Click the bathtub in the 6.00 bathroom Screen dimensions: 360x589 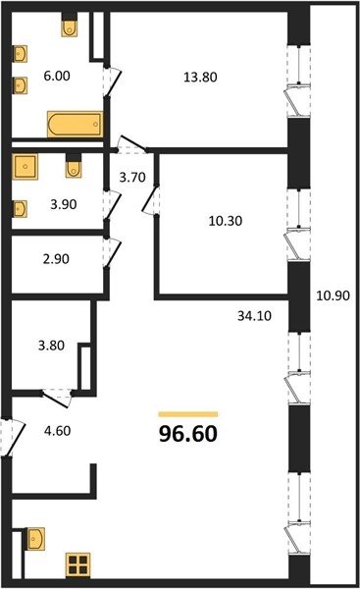point(76,125)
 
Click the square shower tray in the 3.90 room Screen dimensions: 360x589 point(26,166)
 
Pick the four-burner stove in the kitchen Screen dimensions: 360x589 point(77,565)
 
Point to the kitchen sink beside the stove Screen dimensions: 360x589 point(36,538)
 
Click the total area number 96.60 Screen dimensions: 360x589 point(188,434)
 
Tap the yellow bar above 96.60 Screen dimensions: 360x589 point(188,414)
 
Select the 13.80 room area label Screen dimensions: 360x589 point(200,77)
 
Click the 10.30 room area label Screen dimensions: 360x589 point(226,221)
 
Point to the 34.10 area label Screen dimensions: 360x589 point(254,316)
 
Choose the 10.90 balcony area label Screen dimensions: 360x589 point(333,295)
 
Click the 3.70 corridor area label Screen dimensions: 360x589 point(132,177)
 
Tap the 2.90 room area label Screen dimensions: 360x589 point(56,259)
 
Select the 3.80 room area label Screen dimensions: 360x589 point(51,346)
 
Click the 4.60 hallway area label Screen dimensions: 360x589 point(58,431)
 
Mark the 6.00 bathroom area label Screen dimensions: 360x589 point(57,76)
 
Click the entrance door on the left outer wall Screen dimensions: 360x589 point(11,438)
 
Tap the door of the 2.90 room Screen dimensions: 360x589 point(112,252)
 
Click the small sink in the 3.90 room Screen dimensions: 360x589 point(21,209)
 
